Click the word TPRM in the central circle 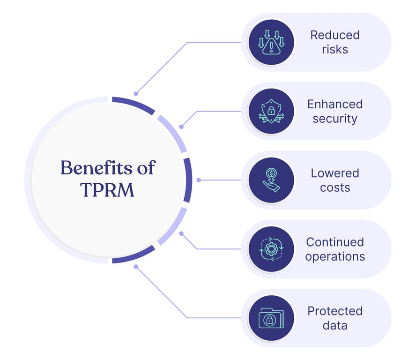click(x=107, y=189)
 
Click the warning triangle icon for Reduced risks click(x=271, y=43)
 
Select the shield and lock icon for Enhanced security click(x=271, y=111)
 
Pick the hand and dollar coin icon click(x=271, y=180)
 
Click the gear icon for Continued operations click(x=271, y=249)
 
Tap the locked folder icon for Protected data click(x=271, y=318)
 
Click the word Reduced click(x=335, y=35)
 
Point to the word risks click(x=335, y=49)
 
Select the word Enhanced click(x=335, y=104)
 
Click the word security click(x=335, y=119)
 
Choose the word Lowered click(x=335, y=173)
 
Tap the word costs click(x=335, y=187)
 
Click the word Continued click(x=335, y=242)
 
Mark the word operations click(x=335, y=257)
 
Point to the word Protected click(x=335, y=311)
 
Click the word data click(x=335, y=325)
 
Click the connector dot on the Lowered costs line click(x=199, y=180)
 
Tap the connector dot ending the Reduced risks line click(x=136, y=94)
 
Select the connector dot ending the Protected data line click(x=136, y=267)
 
